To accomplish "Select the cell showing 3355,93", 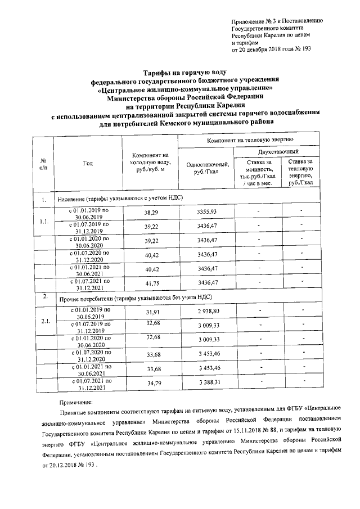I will pos(207,211).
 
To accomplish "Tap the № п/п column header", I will pos(43,164).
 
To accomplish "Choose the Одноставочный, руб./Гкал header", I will pos(207,168).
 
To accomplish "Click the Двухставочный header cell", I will pos(278,152).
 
